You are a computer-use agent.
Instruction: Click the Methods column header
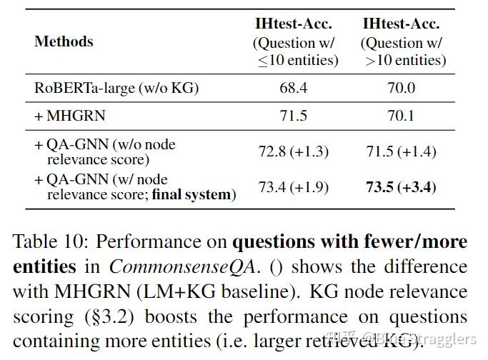64,41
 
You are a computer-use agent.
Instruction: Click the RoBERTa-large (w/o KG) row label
116,89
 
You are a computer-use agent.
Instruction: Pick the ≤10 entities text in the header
298,61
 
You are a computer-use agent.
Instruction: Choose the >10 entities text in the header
405,61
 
